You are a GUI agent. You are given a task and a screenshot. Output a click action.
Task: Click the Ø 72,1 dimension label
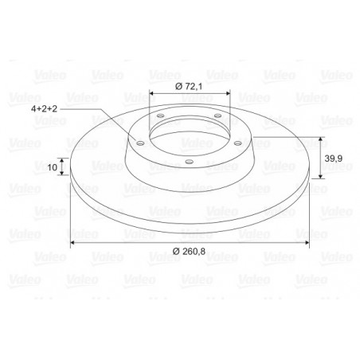pos(189,86)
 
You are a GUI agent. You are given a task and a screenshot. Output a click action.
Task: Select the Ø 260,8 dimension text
pos(189,251)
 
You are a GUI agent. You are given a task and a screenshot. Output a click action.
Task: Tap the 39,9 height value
pos(334,158)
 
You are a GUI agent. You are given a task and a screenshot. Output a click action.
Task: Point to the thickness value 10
pos(53,167)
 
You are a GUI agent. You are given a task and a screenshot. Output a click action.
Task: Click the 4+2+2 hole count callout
pos(44,108)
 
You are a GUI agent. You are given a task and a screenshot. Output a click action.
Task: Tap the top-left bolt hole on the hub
pos(160,115)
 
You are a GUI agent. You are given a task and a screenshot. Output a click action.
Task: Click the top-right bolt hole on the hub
pos(217,115)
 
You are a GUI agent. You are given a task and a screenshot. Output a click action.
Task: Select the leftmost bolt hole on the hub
pos(140,143)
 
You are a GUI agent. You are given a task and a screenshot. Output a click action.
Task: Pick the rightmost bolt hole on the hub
pos(237,143)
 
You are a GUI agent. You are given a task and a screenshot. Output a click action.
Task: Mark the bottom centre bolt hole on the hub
pos(189,162)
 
